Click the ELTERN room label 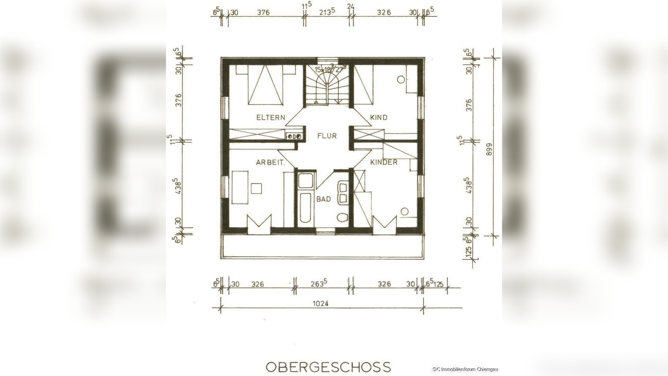[x=271, y=117]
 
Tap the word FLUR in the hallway [x=327, y=136]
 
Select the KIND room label [x=379, y=117]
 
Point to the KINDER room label [x=384, y=162]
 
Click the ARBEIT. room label [x=271, y=162]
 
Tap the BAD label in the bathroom [x=324, y=199]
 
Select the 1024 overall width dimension [x=320, y=303]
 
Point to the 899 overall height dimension [x=489, y=149]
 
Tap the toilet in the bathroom [x=343, y=218]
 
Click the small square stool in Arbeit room [x=257, y=188]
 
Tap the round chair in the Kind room [x=400, y=79]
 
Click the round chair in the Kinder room [x=405, y=211]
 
